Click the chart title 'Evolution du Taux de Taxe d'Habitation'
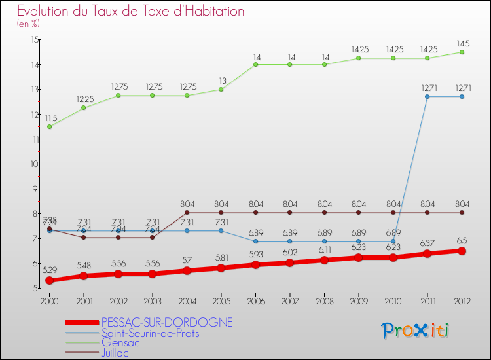(131, 12)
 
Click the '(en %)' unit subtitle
(28, 24)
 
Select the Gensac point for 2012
(462, 52)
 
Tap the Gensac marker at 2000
(49, 126)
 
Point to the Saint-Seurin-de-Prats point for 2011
(427, 97)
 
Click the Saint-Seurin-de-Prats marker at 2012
(462, 97)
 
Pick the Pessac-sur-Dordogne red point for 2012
(462, 251)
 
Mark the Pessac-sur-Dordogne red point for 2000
(49, 280)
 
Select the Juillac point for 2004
(187, 212)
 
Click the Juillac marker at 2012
(462, 212)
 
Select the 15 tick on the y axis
(34, 40)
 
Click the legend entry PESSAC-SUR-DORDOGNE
(167, 323)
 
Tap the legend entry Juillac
(116, 353)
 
